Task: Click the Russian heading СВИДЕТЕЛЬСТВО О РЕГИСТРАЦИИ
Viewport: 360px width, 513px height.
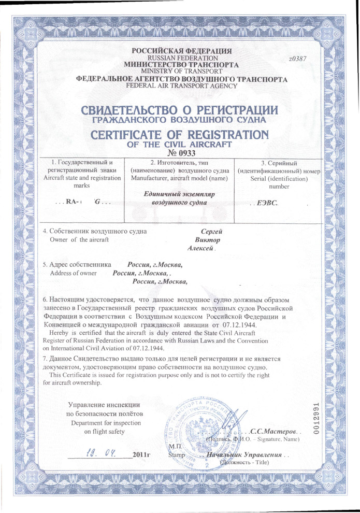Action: pos(179,110)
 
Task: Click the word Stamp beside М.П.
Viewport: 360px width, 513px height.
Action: pos(176,455)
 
